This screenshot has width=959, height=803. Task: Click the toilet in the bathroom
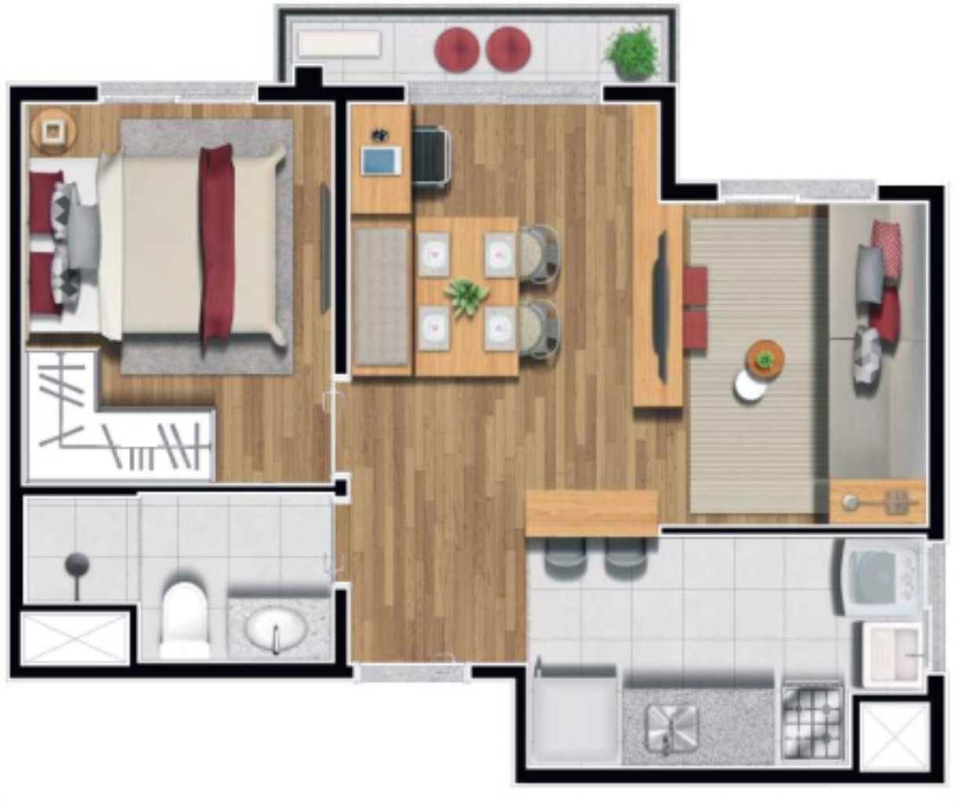point(184,620)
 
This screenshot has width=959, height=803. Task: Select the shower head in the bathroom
point(76,564)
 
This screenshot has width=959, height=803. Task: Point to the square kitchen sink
point(671,725)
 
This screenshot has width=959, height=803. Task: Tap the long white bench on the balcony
point(340,44)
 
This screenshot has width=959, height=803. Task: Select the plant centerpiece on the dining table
point(466,297)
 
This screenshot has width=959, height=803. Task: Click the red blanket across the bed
point(217,243)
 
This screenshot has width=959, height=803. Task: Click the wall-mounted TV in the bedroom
point(325,248)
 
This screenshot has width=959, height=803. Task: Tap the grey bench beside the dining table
point(381,297)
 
